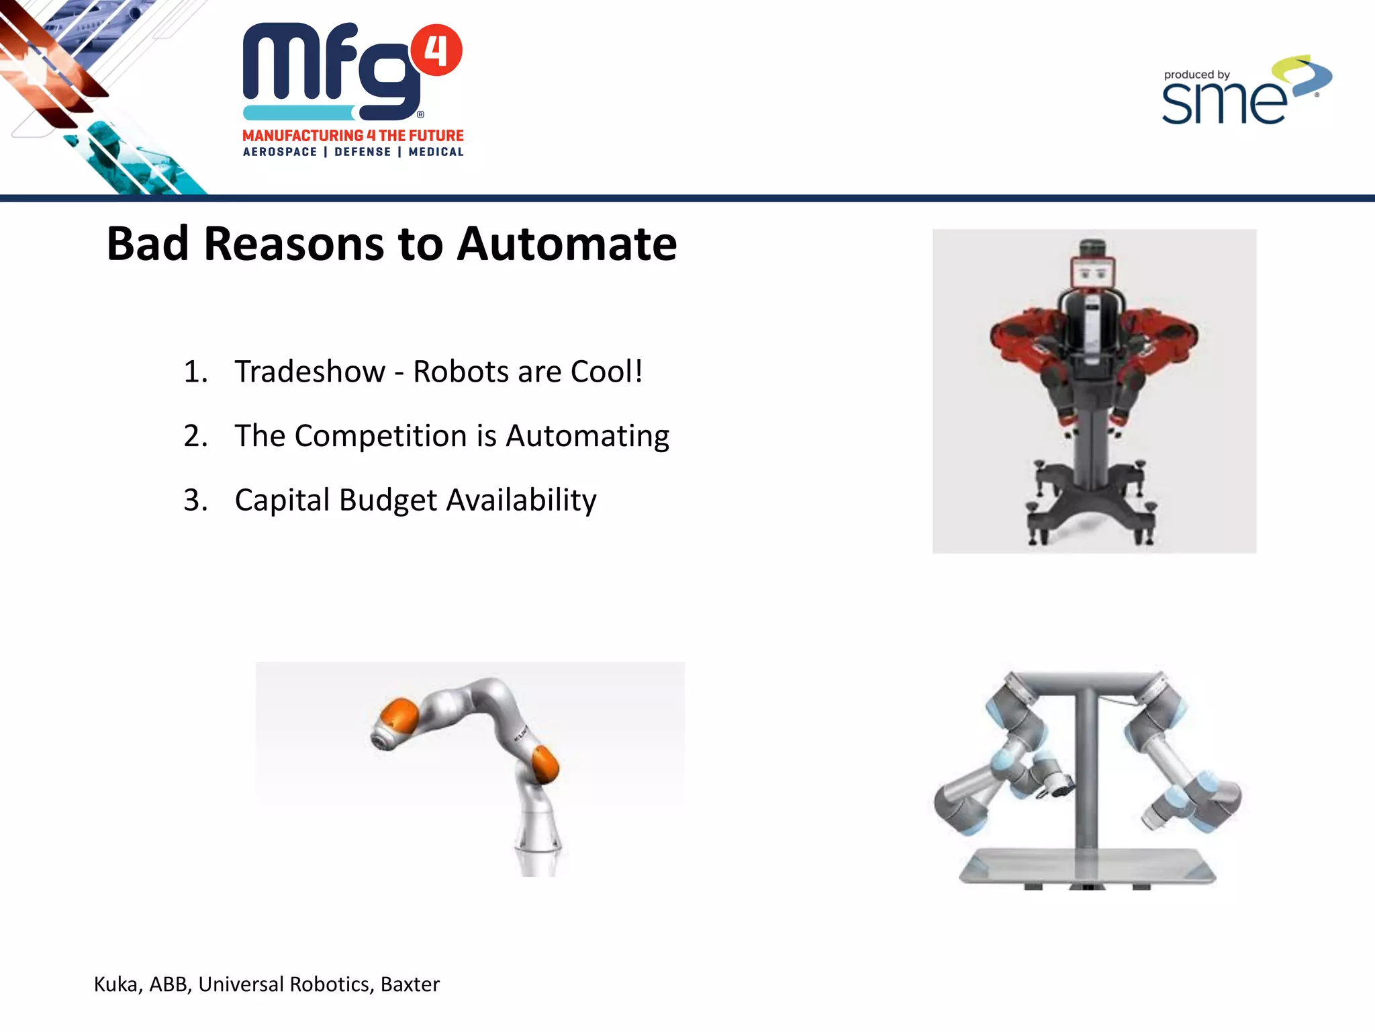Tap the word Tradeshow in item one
coord(310,372)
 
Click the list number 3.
coord(195,501)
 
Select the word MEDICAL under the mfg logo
coord(436,153)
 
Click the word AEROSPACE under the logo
coord(280,153)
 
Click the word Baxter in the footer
coord(410,984)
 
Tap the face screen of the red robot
coord(1093,273)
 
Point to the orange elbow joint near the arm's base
coord(545,764)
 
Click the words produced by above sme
coord(1196,75)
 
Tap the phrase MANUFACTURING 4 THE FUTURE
coord(353,136)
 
